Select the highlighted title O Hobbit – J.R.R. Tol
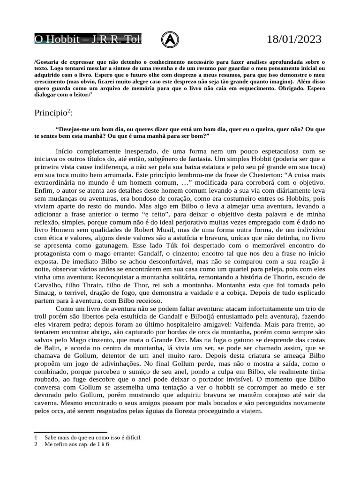(x=88, y=39)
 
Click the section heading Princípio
(x=52, y=113)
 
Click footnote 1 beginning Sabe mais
(x=93, y=437)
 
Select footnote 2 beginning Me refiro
(x=77, y=444)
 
